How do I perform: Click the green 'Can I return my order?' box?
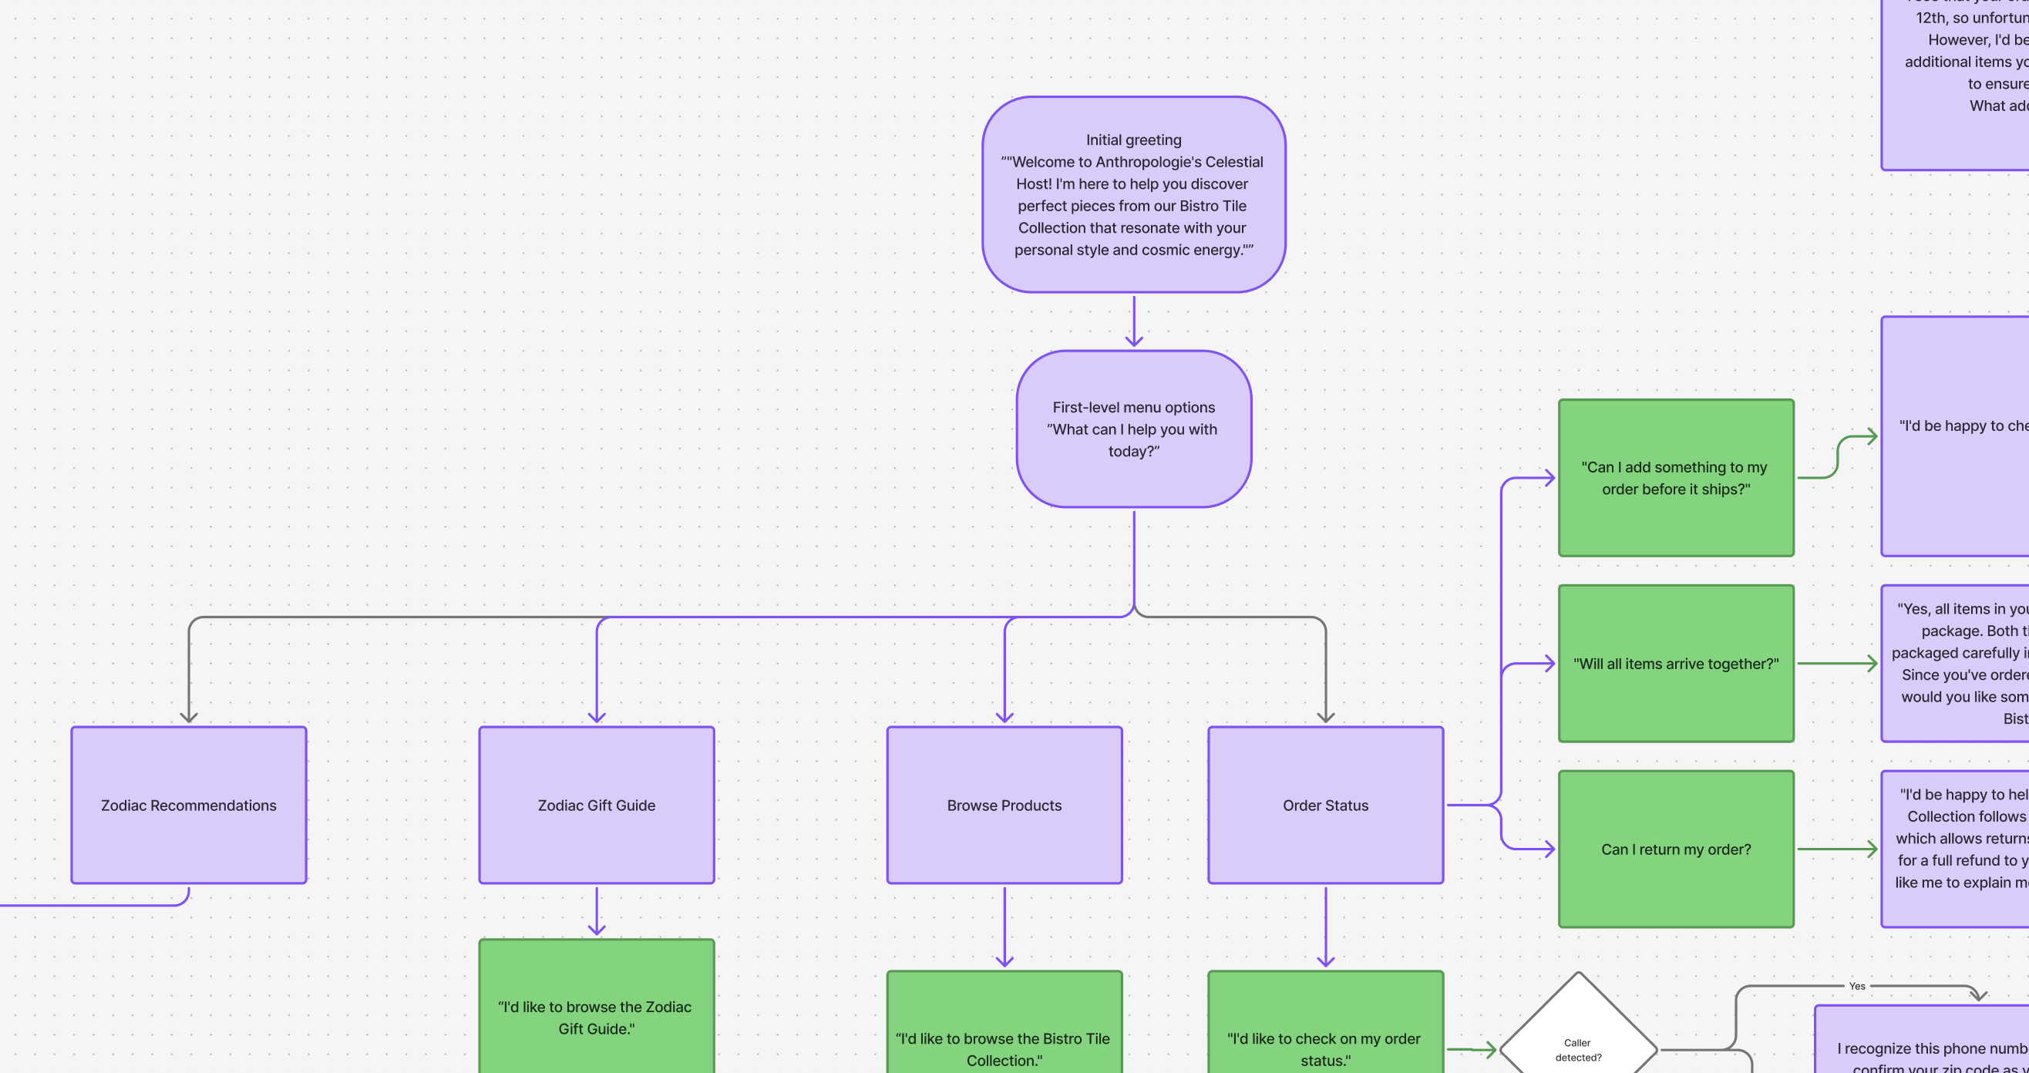(x=1675, y=849)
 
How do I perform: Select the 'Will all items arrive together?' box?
(x=1675, y=663)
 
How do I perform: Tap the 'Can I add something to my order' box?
(x=1675, y=477)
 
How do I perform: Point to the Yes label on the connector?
(x=1856, y=986)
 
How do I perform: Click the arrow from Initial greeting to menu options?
(x=1133, y=321)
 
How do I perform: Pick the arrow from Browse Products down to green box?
(x=1004, y=926)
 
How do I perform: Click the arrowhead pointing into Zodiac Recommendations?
(x=188, y=716)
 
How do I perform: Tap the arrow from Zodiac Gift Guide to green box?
(x=596, y=910)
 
